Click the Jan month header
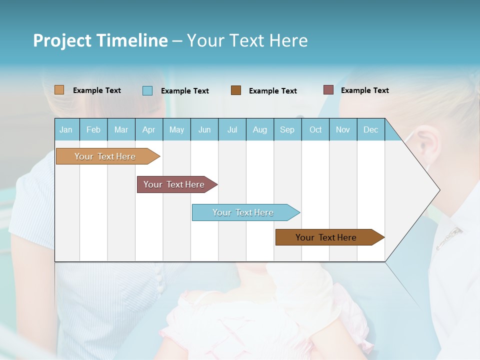coord(66,129)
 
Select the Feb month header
coord(93,129)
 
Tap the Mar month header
coord(121,129)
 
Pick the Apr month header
coord(149,129)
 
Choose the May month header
coord(176,129)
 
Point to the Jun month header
coord(204,129)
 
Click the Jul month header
coord(232,129)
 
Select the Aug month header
coord(260,129)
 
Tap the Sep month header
coord(287,129)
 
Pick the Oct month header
coord(315,129)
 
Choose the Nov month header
coord(343,129)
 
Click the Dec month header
coord(371,129)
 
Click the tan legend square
coord(59,90)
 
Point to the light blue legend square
coord(147,90)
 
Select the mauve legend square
coord(328,90)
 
